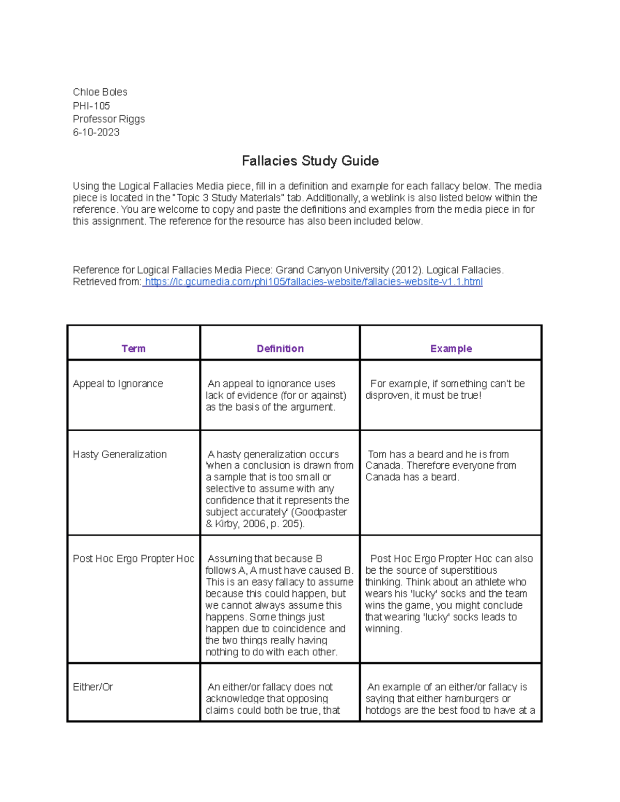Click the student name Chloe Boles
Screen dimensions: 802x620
(x=100, y=92)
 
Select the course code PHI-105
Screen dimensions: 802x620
(x=91, y=106)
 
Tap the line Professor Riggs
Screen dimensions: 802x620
(x=109, y=119)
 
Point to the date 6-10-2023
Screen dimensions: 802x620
(x=96, y=133)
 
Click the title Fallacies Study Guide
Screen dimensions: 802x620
(x=310, y=161)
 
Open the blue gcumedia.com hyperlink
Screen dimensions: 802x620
(x=313, y=282)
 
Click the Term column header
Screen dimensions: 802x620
(x=133, y=349)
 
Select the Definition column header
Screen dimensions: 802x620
(x=280, y=349)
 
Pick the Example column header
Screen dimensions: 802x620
(x=451, y=349)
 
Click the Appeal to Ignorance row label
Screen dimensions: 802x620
(x=118, y=384)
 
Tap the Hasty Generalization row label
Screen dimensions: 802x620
(x=119, y=455)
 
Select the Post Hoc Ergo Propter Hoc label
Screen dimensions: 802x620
(x=133, y=559)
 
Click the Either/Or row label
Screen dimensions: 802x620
(x=93, y=687)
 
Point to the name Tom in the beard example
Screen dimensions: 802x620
(x=377, y=455)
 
